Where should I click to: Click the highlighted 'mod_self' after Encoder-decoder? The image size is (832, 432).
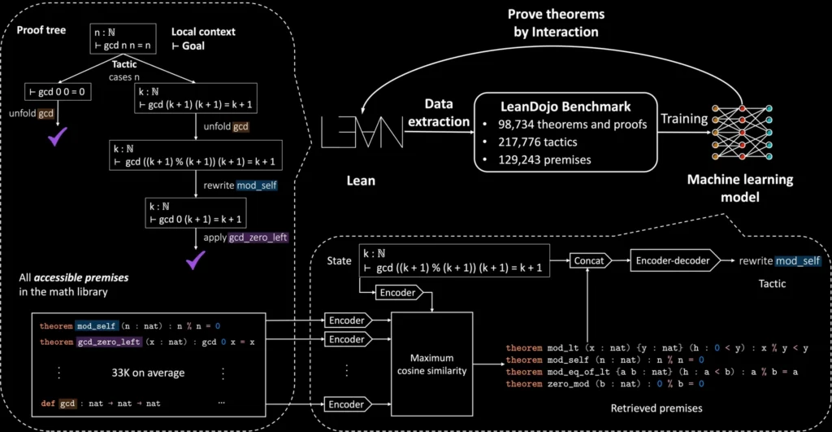click(797, 261)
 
